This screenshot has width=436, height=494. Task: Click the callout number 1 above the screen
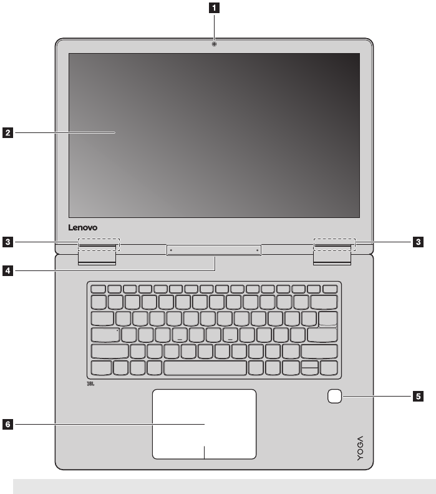pyautogui.click(x=214, y=8)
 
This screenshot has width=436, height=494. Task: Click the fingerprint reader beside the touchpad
pyautogui.click(x=334, y=396)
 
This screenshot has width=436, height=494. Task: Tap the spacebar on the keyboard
pyautogui.click(x=205, y=367)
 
